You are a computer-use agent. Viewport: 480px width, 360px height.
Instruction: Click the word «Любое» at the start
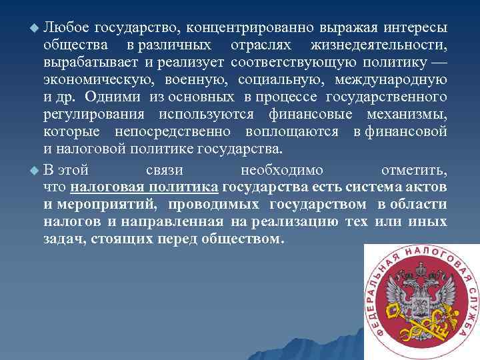point(65,28)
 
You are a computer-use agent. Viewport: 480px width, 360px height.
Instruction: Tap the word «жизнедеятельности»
point(378,46)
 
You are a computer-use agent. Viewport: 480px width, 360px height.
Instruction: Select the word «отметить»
point(413,169)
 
